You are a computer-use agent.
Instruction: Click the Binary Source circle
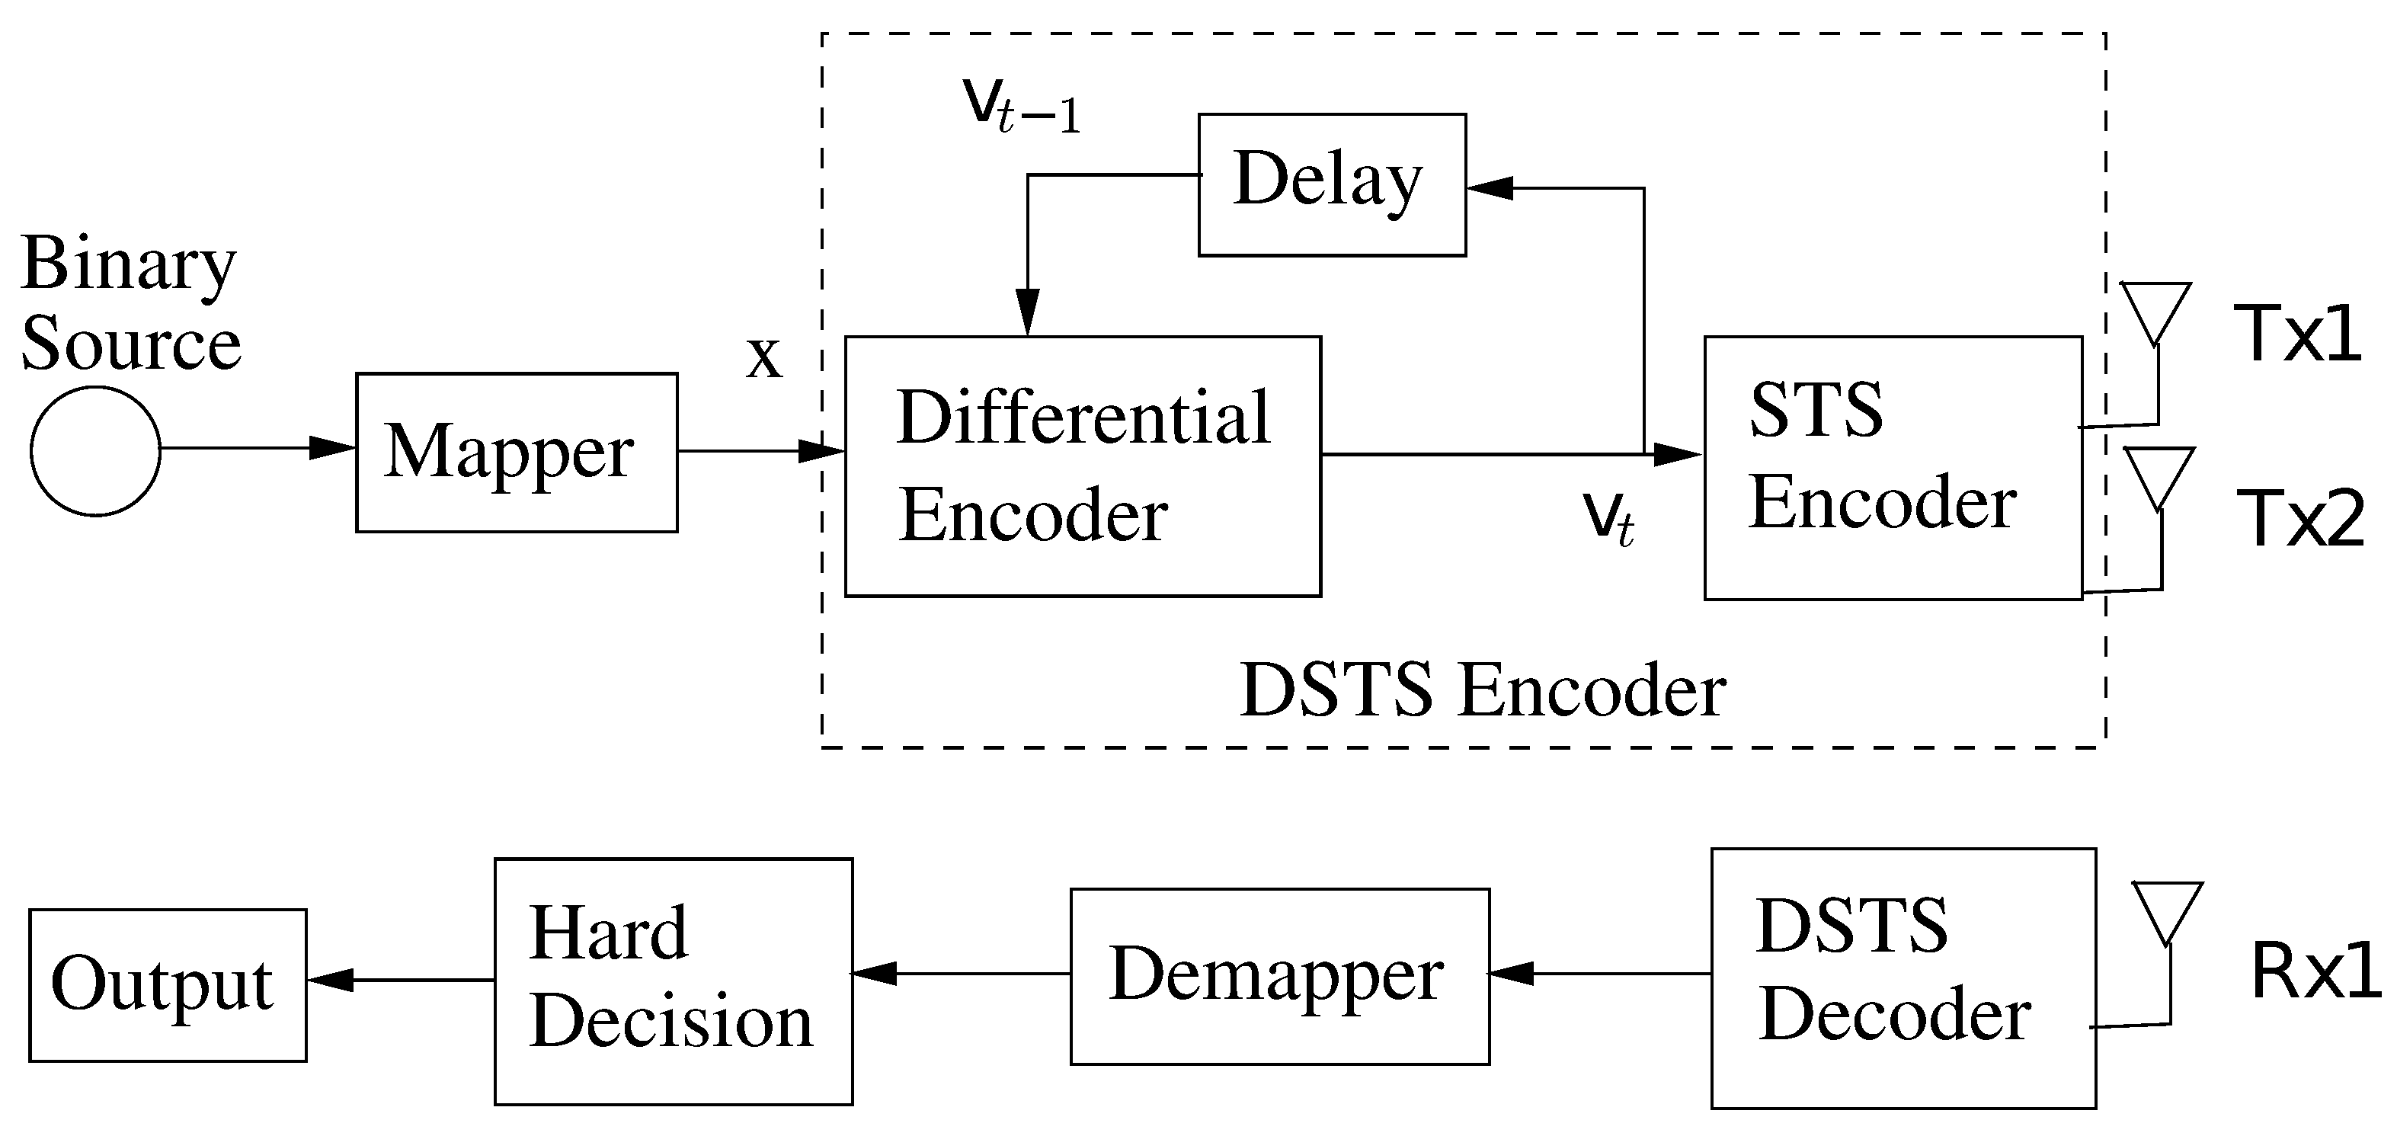pos(95,451)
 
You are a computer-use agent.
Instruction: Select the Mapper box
pos(517,453)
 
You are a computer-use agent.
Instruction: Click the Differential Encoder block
pos(1082,466)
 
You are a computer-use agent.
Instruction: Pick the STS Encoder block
pos(1893,468)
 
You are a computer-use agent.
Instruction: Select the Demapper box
pos(1279,976)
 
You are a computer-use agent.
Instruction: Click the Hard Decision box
pos(673,981)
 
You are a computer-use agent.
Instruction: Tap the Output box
pos(168,984)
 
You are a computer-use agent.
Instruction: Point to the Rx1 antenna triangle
pos(2168,908)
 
